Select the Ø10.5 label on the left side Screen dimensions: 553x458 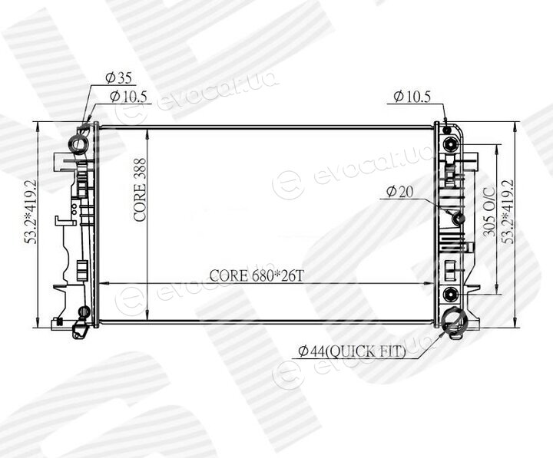(x=128, y=96)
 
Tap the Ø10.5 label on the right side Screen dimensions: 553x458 (x=412, y=96)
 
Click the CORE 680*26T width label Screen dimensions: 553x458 (x=257, y=275)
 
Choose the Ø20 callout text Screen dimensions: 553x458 (x=399, y=192)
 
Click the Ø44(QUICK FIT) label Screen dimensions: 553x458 (x=352, y=351)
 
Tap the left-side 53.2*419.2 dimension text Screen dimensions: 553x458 (x=30, y=212)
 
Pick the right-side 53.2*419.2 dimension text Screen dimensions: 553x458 (x=508, y=212)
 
